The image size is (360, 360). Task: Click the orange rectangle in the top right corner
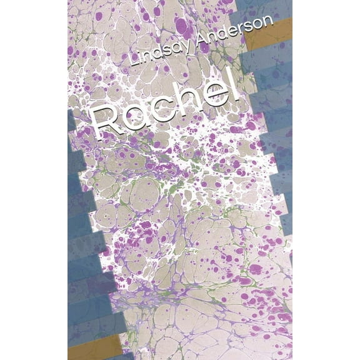pyautogui.click(x=269, y=34)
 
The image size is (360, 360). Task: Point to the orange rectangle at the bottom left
pyautogui.click(x=94, y=346)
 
